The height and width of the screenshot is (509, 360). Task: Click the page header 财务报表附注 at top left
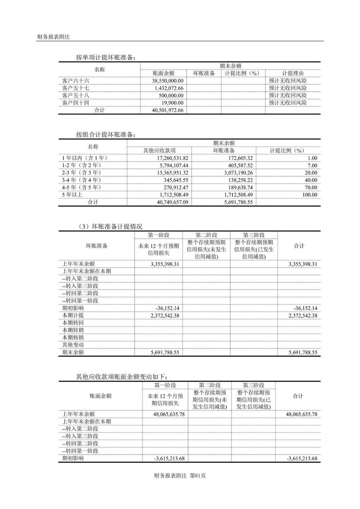(x=53, y=37)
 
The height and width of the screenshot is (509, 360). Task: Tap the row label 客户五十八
(x=76, y=95)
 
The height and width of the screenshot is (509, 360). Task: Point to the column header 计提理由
(x=292, y=73)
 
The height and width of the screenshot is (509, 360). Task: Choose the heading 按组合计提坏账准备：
(x=106, y=135)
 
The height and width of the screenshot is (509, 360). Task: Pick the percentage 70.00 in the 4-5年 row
(x=310, y=187)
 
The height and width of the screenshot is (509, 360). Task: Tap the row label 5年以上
(x=72, y=195)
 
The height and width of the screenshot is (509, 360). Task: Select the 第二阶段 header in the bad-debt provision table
(x=206, y=235)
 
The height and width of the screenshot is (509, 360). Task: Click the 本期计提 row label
(x=73, y=316)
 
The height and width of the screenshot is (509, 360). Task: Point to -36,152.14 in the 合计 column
(x=305, y=308)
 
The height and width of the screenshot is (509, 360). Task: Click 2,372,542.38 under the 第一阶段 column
(x=165, y=316)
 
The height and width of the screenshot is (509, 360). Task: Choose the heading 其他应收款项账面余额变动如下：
(x=122, y=377)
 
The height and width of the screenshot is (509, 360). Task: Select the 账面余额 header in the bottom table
(x=100, y=396)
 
